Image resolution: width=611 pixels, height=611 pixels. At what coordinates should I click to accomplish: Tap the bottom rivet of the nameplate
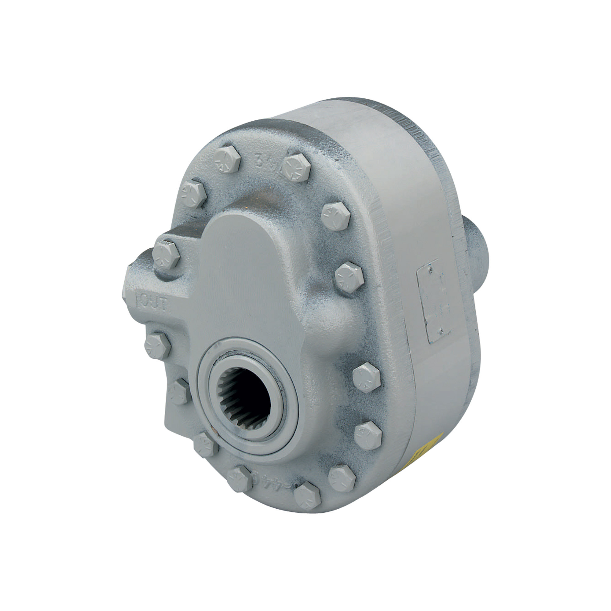[440, 331]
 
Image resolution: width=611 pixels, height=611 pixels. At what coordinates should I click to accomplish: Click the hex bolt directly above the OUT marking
[166, 255]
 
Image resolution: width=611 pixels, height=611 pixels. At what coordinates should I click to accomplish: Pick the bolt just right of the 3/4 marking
[296, 168]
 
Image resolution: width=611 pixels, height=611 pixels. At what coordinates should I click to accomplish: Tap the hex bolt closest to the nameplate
[349, 277]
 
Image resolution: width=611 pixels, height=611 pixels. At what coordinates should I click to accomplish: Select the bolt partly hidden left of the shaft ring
[180, 391]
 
